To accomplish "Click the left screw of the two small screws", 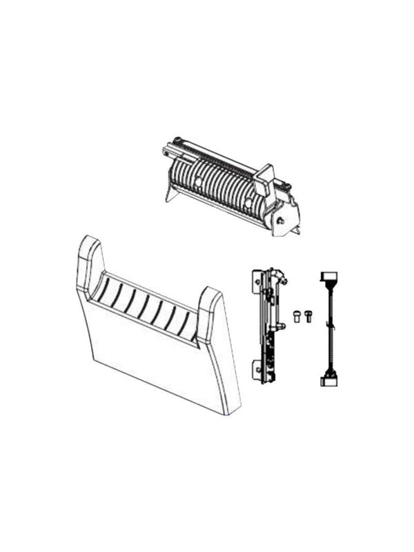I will coord(297,317).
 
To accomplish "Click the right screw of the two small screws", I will coord(308,316).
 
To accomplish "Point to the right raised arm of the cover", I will coord(210,310).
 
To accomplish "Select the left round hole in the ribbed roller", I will coord(199,182).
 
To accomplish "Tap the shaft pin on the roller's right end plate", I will coord(282,221).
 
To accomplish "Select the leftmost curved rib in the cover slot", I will coord(104,290).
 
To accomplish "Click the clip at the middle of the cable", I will coord(330,328).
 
